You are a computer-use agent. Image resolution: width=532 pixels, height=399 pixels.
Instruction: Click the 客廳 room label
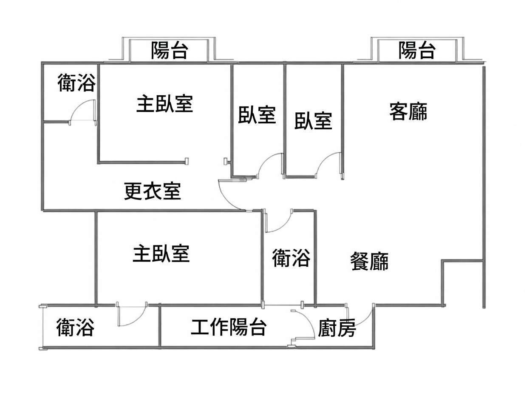click(408, 112)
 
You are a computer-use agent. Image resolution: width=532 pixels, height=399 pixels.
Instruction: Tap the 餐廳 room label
click(369, 261)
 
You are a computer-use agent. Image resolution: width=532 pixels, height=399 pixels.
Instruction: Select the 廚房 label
click(337, 328)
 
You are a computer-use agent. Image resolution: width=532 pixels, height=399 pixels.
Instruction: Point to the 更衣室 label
click(153, 191)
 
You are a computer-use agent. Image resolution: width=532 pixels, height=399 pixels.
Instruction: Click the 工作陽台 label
click(229, 327)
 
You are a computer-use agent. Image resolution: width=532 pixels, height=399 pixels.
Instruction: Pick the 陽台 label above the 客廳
click(417, 51)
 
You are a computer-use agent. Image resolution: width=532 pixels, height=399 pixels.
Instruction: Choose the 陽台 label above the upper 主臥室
click(170, 51)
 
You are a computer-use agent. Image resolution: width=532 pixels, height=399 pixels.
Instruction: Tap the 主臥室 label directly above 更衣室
click(164, 104)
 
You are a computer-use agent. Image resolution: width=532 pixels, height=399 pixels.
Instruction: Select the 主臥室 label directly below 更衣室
click(161, 254)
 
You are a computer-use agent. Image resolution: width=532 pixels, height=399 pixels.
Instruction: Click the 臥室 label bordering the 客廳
click(313, 121)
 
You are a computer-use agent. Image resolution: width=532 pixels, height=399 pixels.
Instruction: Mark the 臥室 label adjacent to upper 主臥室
click(257, 115)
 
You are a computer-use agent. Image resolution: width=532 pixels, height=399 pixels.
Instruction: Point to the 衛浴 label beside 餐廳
click(291, 258)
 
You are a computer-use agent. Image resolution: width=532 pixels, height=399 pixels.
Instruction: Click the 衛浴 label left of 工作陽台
click(75, 328)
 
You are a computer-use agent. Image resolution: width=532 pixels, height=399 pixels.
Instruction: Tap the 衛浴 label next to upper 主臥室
click(76, 83)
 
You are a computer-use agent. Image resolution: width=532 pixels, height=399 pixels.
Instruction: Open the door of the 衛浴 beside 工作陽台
click(132, 315)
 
